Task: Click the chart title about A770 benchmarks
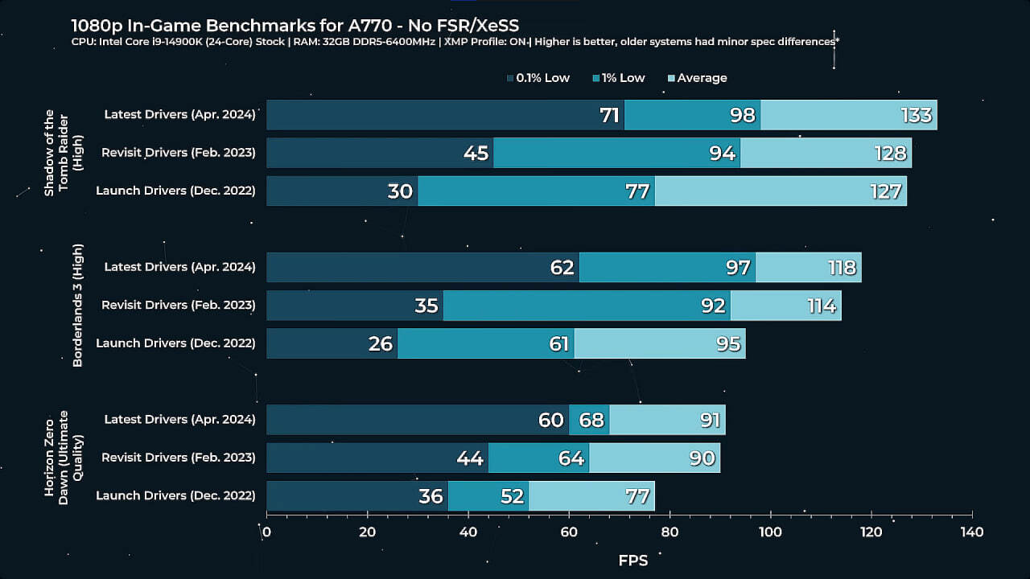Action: point(293,26)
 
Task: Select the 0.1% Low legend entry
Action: point(538,78)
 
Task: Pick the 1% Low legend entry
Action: point(619,78)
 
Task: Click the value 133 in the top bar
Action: point(917,115)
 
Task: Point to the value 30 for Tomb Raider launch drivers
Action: point(400,191)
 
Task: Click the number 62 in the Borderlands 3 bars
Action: point(562,268)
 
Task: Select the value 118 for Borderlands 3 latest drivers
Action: point(842,268)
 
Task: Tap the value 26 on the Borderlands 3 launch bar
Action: point(380,344)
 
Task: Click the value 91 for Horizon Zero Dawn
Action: point(708,420)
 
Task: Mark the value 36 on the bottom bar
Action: point(431,496)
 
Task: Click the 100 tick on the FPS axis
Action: point(770,532)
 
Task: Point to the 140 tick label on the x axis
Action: point(971,532)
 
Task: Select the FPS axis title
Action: point(632,561)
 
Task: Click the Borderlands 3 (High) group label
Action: point(78,306)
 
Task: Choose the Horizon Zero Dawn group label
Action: point(64,458)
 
